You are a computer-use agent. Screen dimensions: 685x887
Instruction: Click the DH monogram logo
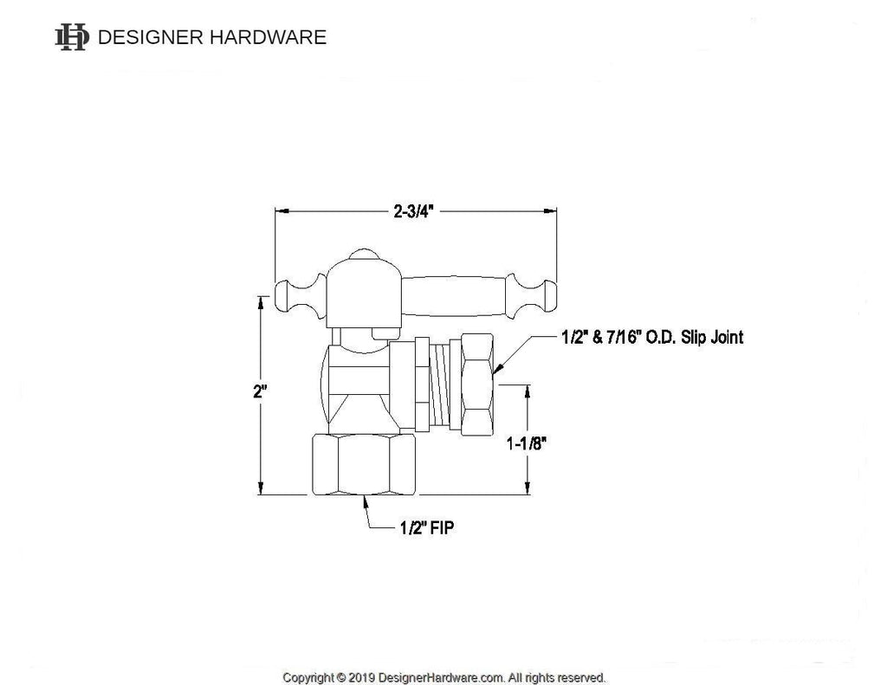pyautogui.click(x=72, y=36)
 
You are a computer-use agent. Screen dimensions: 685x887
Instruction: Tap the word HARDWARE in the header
pyautogui.click(x=272, y=37)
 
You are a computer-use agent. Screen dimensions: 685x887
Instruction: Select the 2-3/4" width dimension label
pyautogui.click(x=413, y=210)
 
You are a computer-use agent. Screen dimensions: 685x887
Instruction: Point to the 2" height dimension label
pyautogui.click(x=260, y=391)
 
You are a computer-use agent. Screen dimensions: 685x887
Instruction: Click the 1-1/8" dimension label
pyautogui.click(x=526, y=444)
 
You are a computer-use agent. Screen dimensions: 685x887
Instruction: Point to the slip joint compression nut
pyautogui.click(x=477, y=385)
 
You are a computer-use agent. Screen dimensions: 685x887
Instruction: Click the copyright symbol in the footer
pyautogui.click(x=341, y=677)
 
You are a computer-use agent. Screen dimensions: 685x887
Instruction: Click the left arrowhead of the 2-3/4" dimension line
pyautogui.click(x=280, y=210)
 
